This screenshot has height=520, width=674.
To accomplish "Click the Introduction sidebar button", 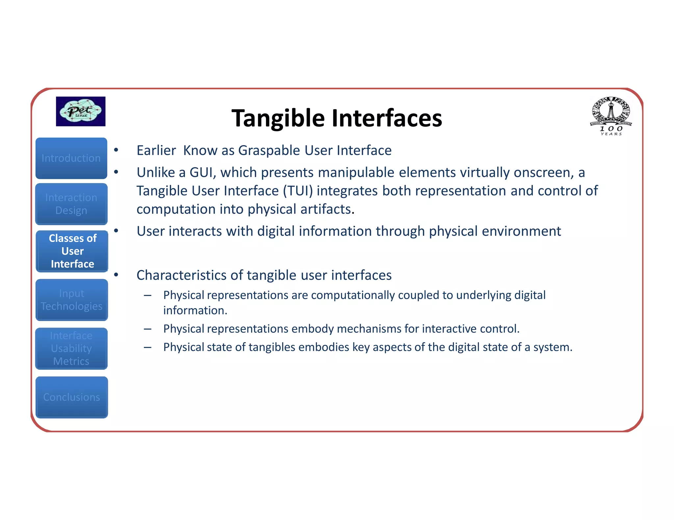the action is pyautogui.click(x=71, y=158).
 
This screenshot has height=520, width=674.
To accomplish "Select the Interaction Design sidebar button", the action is pyautogui.click(x=71, y=204).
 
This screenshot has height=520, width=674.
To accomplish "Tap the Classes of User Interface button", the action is pyautogui.click(x=72, y=251).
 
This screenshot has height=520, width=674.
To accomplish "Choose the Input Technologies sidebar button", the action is pyautogui.click(x=72, y=300).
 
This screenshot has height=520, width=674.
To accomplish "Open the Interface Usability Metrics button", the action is pyautogui.click(x=71, y=348).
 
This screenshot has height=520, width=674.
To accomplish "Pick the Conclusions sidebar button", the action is pyautogui.click(x=72, y=397).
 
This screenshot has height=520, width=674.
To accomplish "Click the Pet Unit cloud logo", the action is pyautogui.click(x=81, y=111).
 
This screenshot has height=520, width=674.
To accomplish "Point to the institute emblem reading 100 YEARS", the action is pyautogui.click(x=611, y=116).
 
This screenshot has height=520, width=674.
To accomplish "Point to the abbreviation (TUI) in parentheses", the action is pyautogui.click(x=298, y=191).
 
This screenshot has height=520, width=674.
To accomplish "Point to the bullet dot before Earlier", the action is pyautogui.click(x=116, y=150).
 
